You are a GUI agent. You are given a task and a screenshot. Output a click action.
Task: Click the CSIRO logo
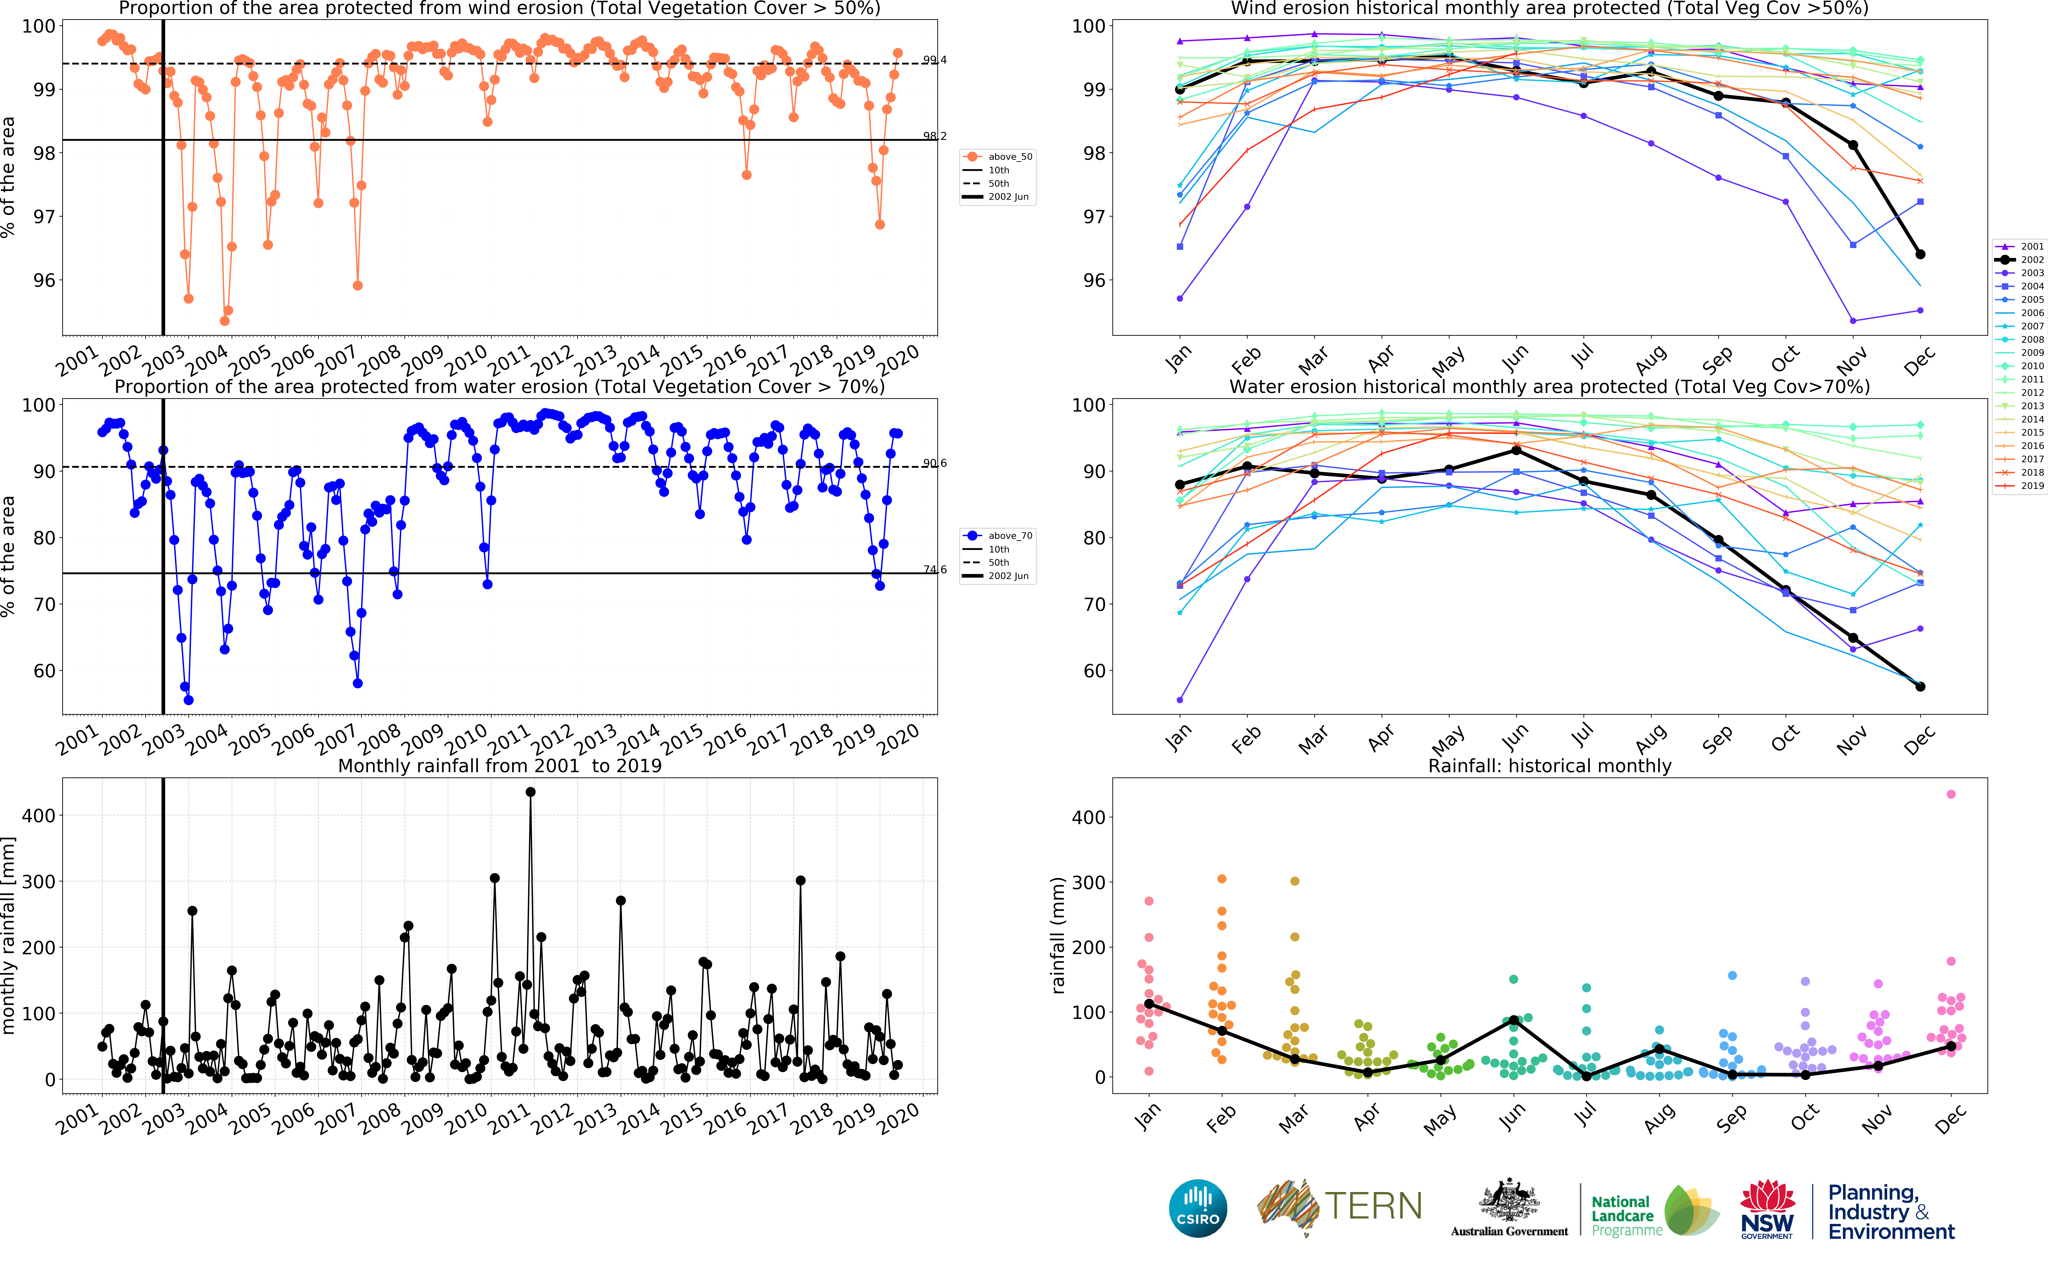pyautogui.click(x=1198, y=1208)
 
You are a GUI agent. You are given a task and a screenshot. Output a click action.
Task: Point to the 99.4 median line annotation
pyautogui.click(x=934, y=60)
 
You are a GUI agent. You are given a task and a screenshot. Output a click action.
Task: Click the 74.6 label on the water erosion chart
pyautogui.click(x=934, y=569)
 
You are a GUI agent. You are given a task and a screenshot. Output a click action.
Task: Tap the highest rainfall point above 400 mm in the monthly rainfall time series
pyautogui.click(x=531, y=792)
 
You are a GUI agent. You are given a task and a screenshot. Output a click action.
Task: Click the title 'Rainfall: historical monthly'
pyautogui.click(x=1549, y=766)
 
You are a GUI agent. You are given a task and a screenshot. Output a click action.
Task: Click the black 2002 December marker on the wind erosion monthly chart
pyautogui.click(x=1920, y=254)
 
